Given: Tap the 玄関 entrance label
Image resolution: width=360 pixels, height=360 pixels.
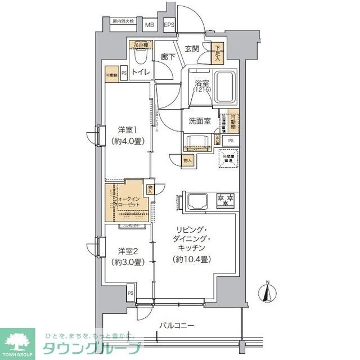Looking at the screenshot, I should [x=191, y=49].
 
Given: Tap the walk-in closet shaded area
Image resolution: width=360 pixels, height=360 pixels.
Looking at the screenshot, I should [x=127, y=201].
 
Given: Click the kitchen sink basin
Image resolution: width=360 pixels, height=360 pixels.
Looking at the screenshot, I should [x=198, y=200].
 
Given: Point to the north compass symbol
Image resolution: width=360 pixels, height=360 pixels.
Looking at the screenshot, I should [x=268, y=293].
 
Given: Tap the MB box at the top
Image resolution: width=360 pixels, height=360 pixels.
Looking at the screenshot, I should [x=150, y=25].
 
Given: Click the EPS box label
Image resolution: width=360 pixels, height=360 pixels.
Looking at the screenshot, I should [x=169, y=25].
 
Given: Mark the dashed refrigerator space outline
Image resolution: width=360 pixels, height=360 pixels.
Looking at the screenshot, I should [x=228, y=159].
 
